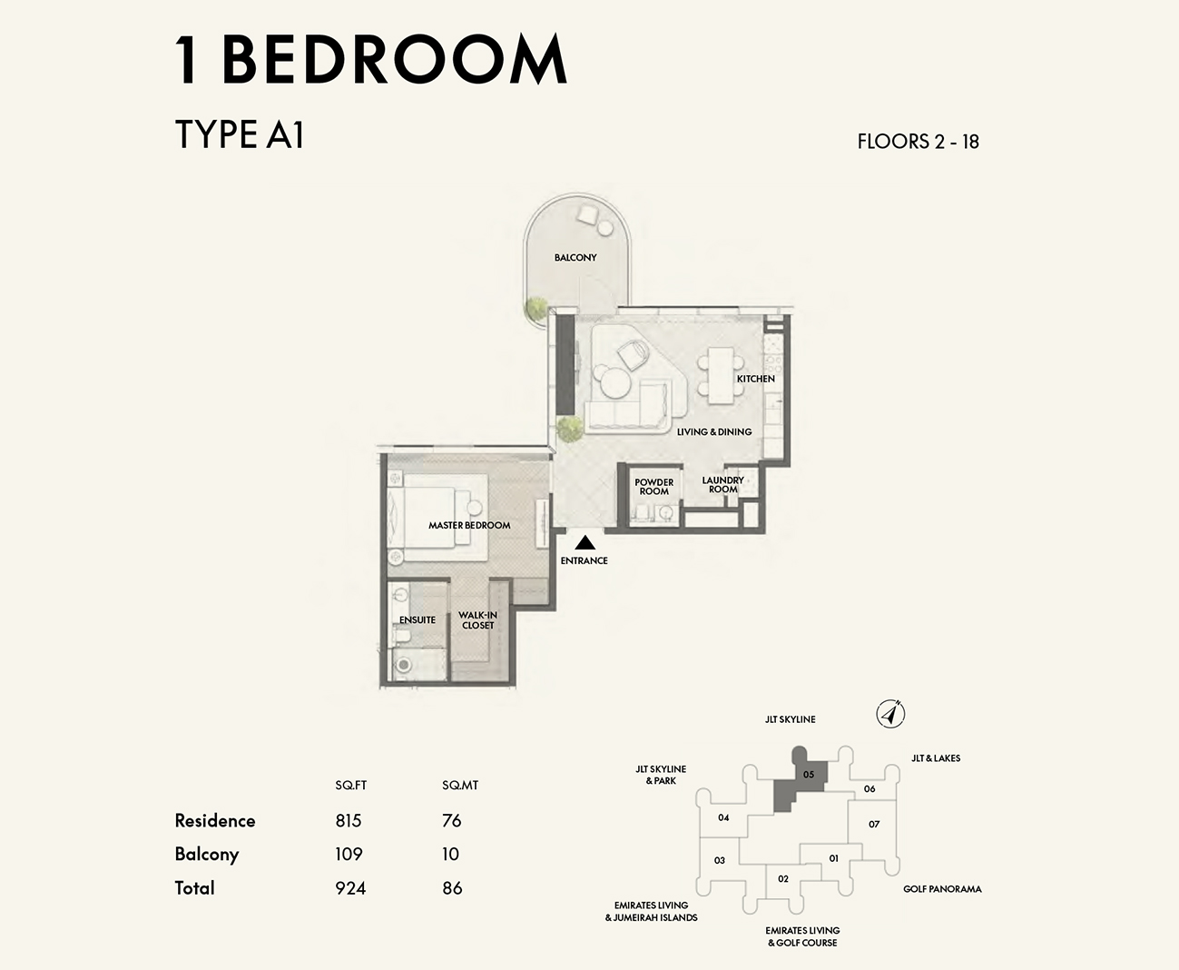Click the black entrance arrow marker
click(585, 543)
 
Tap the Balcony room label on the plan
click(575, 258)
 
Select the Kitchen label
click(755, 379)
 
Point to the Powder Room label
click(653, 487)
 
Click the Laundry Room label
click(722, 485)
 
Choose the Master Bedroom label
click(469, 526)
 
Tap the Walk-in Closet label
click(477, 620)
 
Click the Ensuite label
click(418, 620)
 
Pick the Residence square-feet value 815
click(349, 821)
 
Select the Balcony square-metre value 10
click(451, 855)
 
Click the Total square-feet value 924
click(350, 888)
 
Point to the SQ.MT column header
click(460, 786)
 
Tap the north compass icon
click(891, 715)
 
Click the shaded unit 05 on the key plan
click(808, 775)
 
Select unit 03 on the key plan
click(720, 860)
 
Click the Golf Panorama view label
click(942, 889)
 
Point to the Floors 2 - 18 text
click(918, 142)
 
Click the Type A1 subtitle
click(240, 135)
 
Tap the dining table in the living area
click(722, 375)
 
